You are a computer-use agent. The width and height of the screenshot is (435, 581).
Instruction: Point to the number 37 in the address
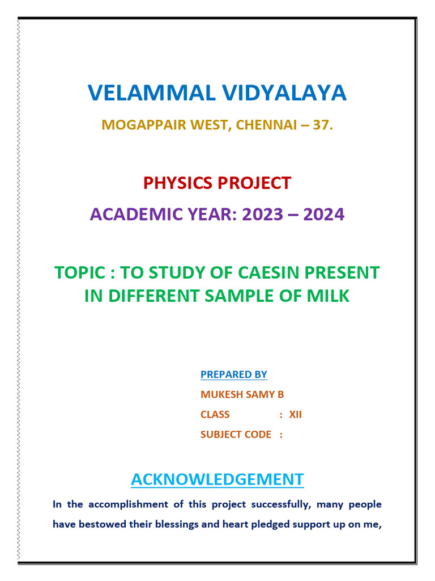(321, 125)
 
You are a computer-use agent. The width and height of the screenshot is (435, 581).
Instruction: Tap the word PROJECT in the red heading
(255, 183)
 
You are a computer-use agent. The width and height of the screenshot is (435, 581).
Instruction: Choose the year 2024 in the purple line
(323, 214)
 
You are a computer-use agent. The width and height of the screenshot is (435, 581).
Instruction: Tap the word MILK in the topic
(330, 296)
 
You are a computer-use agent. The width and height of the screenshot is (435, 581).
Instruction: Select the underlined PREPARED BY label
(233, 374)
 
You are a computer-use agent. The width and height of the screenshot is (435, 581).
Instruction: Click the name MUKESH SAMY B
(242, 394)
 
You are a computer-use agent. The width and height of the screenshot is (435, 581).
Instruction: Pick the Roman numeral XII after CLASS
(296, 415)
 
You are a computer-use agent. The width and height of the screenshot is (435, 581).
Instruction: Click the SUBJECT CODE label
(236, 435)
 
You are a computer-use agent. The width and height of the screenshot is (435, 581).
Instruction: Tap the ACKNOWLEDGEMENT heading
(217, 479)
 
